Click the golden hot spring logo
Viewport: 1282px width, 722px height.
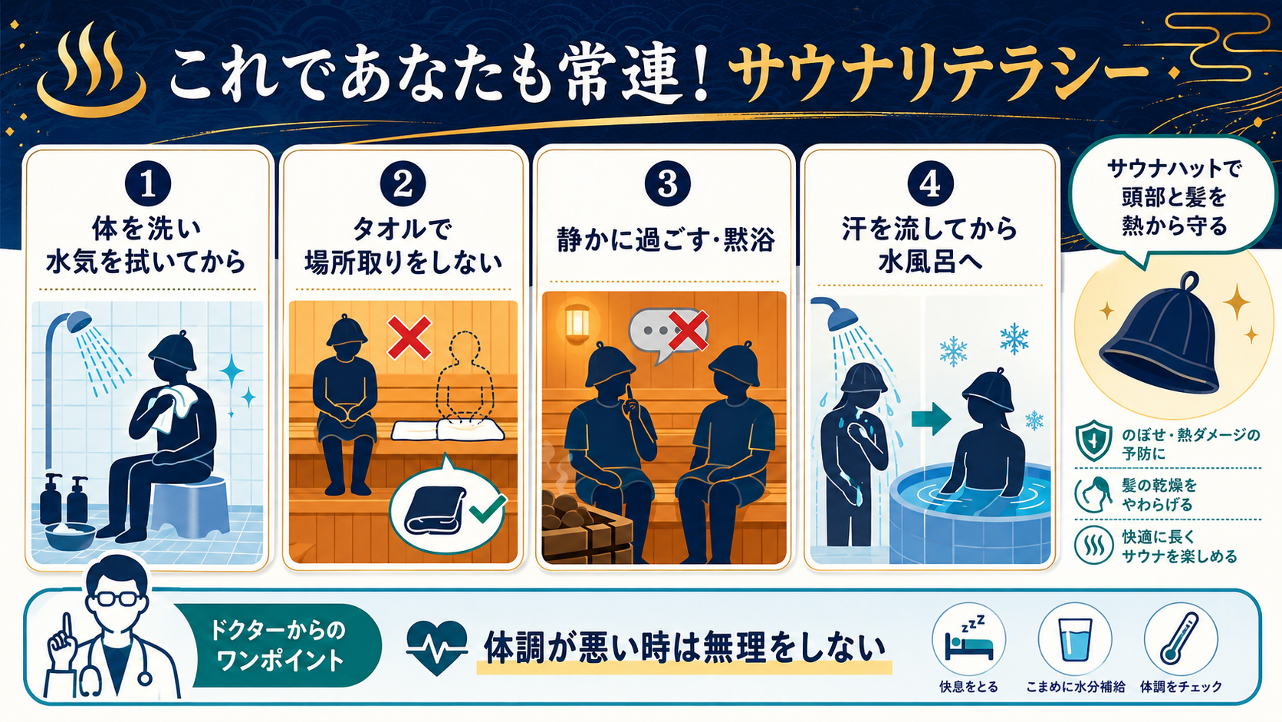91,71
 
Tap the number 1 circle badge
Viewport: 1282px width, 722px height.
148,184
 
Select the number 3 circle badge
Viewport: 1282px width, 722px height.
667,184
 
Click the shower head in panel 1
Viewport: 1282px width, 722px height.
79,321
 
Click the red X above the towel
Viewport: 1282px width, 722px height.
409,338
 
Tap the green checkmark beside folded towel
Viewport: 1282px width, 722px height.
487,509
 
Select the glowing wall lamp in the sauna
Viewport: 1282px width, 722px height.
577,324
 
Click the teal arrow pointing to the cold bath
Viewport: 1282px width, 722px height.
931,419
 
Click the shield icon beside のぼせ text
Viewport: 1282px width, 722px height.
1093,440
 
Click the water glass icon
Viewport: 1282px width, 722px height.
1075,641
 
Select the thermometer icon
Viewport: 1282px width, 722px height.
1180,639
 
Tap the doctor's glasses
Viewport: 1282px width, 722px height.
117,598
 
